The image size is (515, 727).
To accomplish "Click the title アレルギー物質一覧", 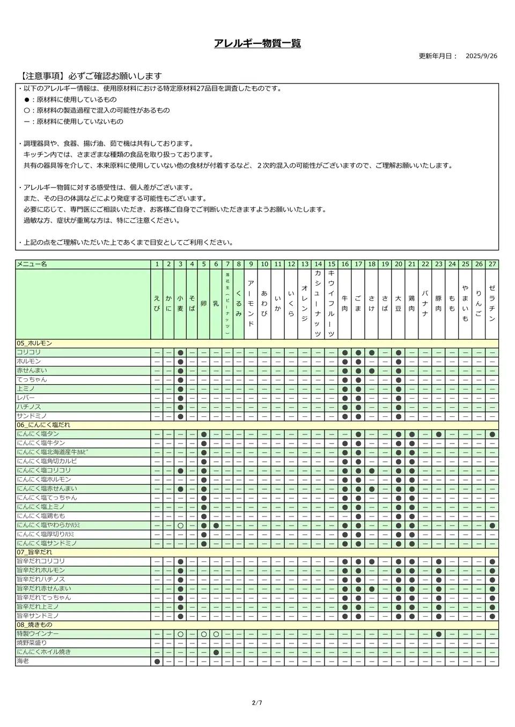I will [257, 43].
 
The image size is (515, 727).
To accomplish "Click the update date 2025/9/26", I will [481, 56].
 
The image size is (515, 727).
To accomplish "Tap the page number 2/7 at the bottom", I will [257, 703].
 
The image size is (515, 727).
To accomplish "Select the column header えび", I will [157, 304].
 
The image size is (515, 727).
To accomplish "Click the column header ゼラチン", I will [492, 303].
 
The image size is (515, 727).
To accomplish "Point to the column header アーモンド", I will [251, 303].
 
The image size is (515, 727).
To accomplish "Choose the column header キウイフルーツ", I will [331, 303].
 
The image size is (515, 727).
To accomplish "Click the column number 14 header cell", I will [318, 264].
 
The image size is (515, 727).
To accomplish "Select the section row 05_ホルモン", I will [34, 343].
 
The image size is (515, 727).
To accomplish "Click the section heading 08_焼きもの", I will [35, 625].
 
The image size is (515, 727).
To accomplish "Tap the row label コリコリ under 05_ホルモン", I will [28, 353].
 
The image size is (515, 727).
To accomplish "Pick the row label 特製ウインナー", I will [37, 634].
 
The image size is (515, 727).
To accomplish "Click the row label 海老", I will [23, 661].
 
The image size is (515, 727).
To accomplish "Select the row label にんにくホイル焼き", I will [44, 652].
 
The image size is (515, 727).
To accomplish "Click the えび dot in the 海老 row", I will [157, 662].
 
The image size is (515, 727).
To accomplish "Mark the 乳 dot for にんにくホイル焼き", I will [216, 652].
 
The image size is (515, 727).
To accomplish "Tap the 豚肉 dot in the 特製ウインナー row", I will [438, 634].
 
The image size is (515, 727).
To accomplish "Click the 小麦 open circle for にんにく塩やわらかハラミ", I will [180, 526].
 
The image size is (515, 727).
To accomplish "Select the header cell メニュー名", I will [32, 264].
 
